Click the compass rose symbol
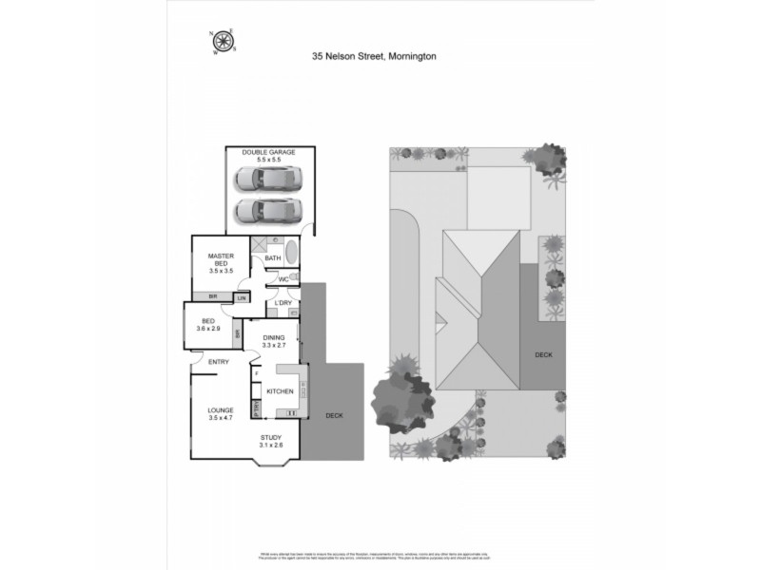tap(223, 40)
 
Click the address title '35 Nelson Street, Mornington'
tap(374, 56)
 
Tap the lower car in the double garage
tap(270, 208)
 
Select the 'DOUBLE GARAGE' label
tap(268, 152)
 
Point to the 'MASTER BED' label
tap(221, 258)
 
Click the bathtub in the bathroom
tap(291, 254)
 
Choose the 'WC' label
tap(283, 278)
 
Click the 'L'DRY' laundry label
tap(283, 303)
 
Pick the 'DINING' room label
tap(274, 337)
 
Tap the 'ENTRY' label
tap(218, 361)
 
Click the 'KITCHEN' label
tap(279, 391)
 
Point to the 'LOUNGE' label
tap(221, 410)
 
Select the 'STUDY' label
tap(272, 438)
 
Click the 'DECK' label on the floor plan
tap(334, 415)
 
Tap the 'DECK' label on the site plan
tap(543, 354)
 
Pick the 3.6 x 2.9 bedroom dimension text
tap(208, 328)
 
